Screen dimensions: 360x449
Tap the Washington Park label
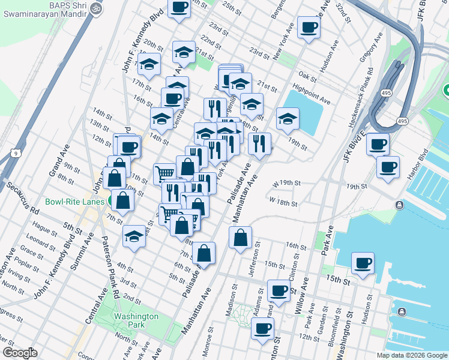136,320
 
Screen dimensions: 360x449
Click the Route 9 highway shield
13,154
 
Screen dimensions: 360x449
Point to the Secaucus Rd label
22,199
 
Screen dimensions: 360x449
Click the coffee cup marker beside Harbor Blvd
388,166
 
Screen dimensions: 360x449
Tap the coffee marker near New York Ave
309,26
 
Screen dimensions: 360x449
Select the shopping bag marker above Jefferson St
240,238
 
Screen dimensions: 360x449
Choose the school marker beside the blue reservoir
288,119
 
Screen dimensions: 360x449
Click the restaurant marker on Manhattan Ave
259,143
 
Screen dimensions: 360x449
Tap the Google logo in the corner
20,353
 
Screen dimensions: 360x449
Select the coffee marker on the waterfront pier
363,263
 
